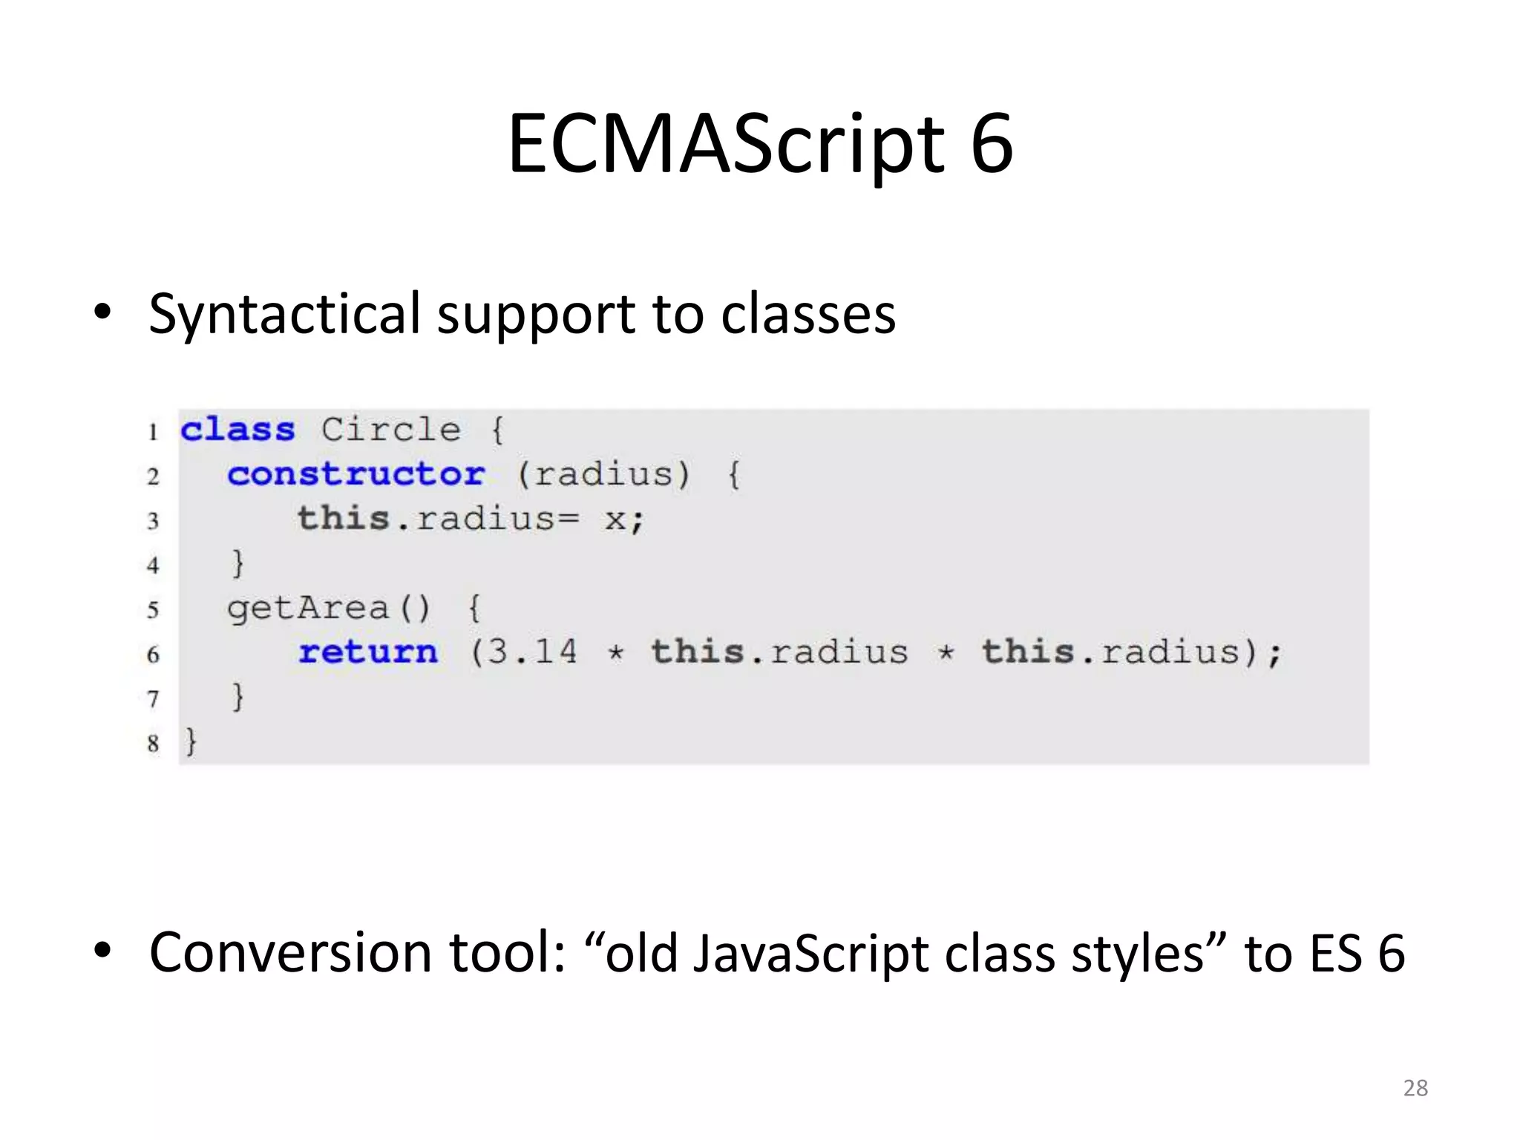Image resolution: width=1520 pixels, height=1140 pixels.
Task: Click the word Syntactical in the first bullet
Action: pos(285,314)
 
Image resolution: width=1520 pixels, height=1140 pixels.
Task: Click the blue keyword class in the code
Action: pos(237,430)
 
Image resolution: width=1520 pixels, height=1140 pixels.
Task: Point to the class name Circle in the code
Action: pos(390,430)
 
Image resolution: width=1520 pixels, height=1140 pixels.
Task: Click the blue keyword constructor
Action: pos(356,475)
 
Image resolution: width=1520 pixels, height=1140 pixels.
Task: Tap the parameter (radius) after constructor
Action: pos(603,475)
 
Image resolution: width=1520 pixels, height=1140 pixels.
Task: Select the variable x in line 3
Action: pos(615,520)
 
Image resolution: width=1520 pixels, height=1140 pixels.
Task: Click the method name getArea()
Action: pos(328,609)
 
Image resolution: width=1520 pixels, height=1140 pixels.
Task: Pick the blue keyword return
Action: pos(368,653)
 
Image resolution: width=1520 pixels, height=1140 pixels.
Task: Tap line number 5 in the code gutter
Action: pos(153,610)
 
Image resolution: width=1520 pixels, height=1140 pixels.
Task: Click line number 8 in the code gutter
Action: pos(153,743)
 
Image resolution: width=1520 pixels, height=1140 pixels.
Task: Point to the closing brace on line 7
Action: pos(237,698)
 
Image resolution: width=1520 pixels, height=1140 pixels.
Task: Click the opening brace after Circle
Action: pos(497,430)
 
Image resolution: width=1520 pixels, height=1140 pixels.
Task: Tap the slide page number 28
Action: pos(1415,1088)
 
